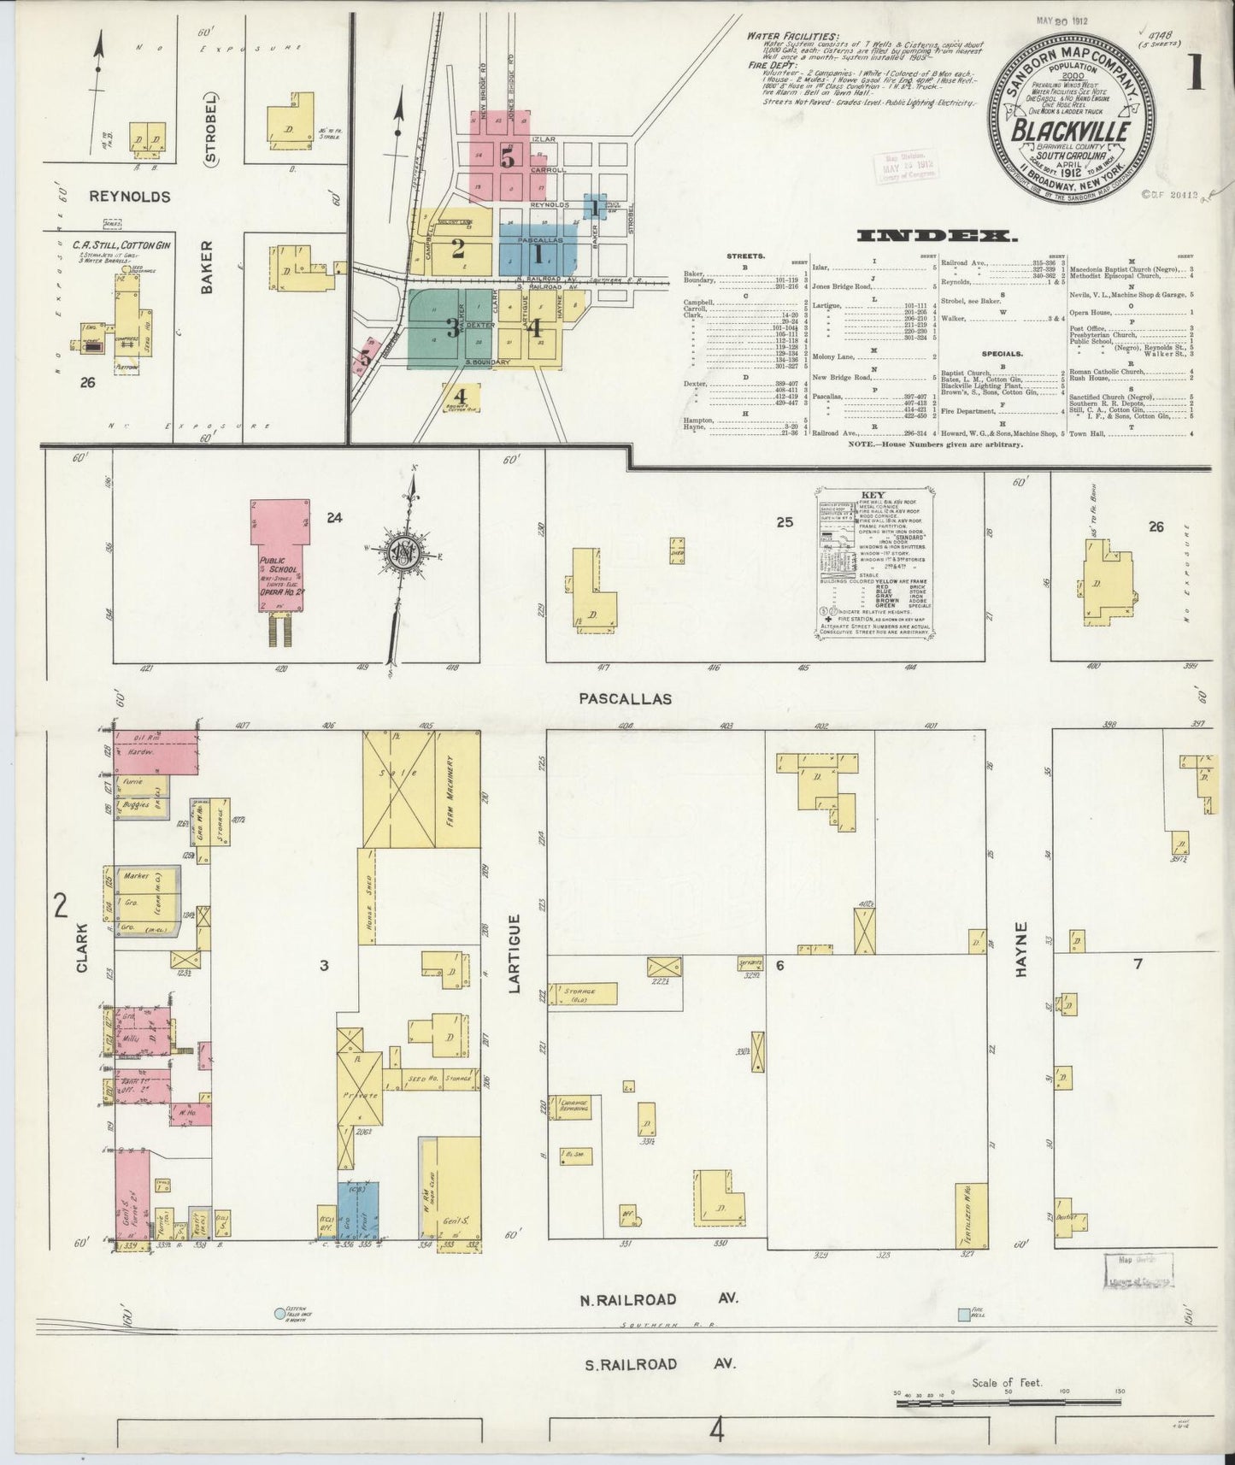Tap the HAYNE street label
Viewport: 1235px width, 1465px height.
pyautogui.click(x=1024, y=950)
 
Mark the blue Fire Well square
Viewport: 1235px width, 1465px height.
pyautogui.click(x=964, y=1314)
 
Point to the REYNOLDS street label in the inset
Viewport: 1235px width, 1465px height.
pyautogui.click(x=130, y=196)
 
